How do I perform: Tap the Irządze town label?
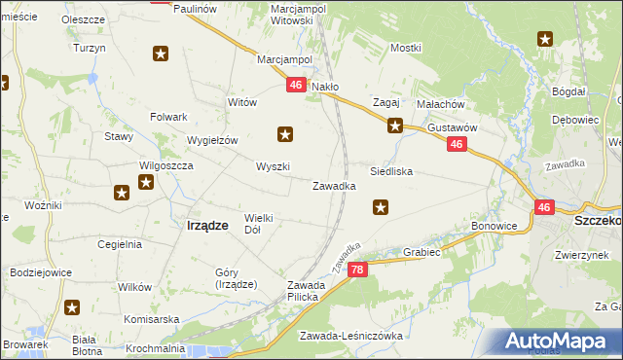(206, 225)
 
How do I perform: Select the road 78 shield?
(357, 270)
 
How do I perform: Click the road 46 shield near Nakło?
(297, 87)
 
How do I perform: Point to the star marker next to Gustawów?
(395, 125)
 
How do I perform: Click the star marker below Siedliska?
(382, 206)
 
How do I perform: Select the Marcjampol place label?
(283, 59)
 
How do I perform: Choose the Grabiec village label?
(422, 252)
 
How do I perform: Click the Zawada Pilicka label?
(297, 290)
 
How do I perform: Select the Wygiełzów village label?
(212, 140)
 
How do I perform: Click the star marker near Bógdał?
(545, 39)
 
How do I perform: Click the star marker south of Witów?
(285, 134)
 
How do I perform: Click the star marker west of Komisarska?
(73, 308)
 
